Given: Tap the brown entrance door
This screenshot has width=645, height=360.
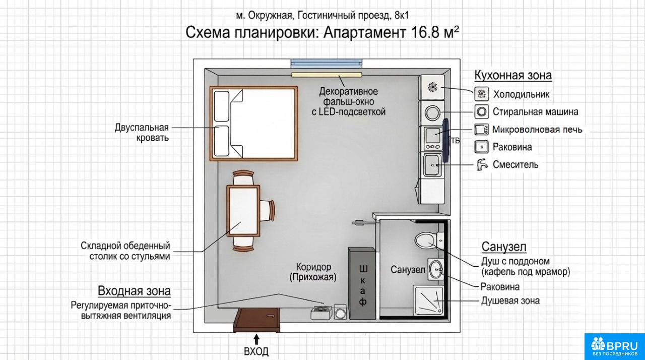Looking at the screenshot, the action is click(257, 320).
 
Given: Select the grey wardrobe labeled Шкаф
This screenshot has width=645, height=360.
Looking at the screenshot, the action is click(362, 283).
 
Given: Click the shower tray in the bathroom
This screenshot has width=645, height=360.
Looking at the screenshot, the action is click(428, 301).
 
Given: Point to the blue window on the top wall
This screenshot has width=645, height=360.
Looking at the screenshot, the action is click(326, 64).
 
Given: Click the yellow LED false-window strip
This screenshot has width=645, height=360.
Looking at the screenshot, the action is click(327, 75).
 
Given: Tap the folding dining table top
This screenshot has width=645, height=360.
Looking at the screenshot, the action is click(243, 211).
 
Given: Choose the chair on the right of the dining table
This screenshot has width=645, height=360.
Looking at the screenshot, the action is click(268, 211).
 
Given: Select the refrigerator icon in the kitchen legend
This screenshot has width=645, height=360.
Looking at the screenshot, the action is click(481, 94).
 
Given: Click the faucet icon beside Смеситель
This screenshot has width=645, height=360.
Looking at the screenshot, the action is click(481, 164).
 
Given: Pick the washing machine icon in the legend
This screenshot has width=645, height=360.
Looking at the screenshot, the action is click(481, 111).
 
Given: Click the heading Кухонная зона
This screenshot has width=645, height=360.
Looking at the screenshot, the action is click(513, 75).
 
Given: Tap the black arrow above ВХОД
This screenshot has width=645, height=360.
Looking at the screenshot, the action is click(257, 339).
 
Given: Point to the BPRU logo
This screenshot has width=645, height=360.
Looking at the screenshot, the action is click(614, 346).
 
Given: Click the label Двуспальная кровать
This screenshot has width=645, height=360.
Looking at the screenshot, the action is click(142, 133).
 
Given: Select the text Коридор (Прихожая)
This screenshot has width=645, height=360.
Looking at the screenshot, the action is click(313, 272).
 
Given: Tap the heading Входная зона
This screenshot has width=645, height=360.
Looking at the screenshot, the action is click(134, 291).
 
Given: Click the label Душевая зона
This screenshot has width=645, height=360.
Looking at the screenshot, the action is click(510, 301).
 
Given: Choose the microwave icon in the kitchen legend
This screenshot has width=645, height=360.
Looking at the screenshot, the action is click(481, 129).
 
